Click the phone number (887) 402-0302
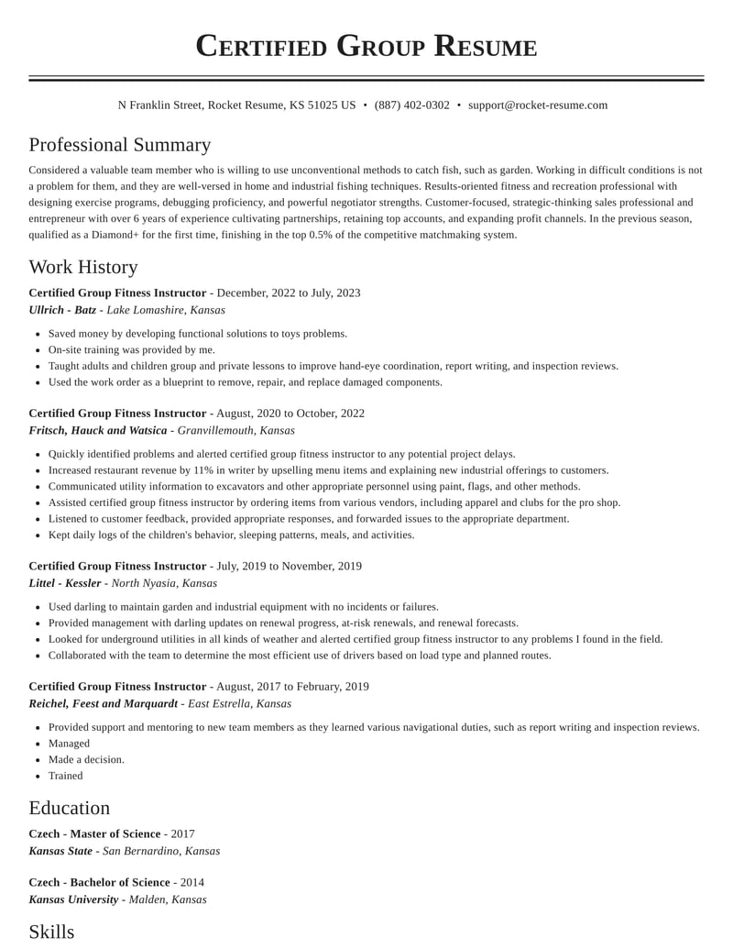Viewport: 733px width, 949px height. click(x=411, y=105)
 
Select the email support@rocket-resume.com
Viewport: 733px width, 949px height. click(x=537, y=105)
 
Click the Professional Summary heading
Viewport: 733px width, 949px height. click(x=119, y=145)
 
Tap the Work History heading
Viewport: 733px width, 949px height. click(x=82, y=267)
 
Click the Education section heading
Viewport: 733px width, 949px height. click(x=69, y=808)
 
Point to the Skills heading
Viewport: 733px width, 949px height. click(x=51, y=932)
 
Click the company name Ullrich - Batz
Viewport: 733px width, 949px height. click(x=62, y=310)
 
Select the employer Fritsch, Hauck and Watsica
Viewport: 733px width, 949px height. click(x=98, y=430)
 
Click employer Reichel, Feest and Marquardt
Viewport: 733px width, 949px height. click(x=103, y=704)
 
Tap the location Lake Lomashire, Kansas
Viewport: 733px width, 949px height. click(x=166, y=310)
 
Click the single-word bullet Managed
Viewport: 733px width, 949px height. click(x=69, y=744)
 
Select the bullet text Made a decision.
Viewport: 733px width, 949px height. click(x=86, y=759)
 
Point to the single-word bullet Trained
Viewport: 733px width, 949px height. click(x=65, y=776)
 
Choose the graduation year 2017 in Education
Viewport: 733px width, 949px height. click(x=182, y=834)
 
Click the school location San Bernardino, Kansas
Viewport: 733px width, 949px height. click(x=161, y=851)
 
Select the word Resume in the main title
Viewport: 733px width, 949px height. click(x=485, y=46)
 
